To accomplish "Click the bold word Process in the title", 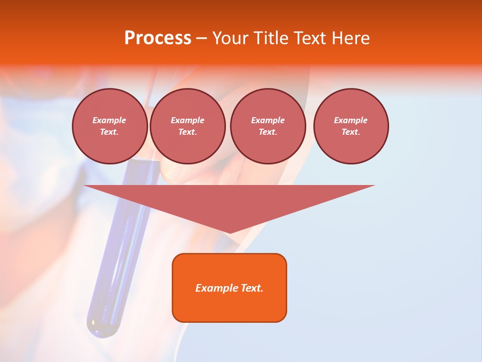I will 158,38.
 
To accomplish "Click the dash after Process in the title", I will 201,39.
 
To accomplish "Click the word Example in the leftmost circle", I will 109,120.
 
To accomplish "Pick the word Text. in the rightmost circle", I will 351,132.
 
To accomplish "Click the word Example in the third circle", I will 268,120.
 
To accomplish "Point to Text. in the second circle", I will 187,132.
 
